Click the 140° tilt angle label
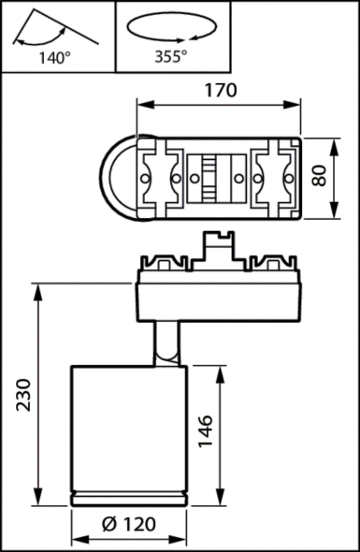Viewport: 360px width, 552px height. point(55,58)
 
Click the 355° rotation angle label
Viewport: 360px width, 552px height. point(171,58)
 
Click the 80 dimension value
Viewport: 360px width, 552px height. point(321,178)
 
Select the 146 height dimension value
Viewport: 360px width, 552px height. point(207,432)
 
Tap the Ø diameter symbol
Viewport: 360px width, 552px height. point(108,525)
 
